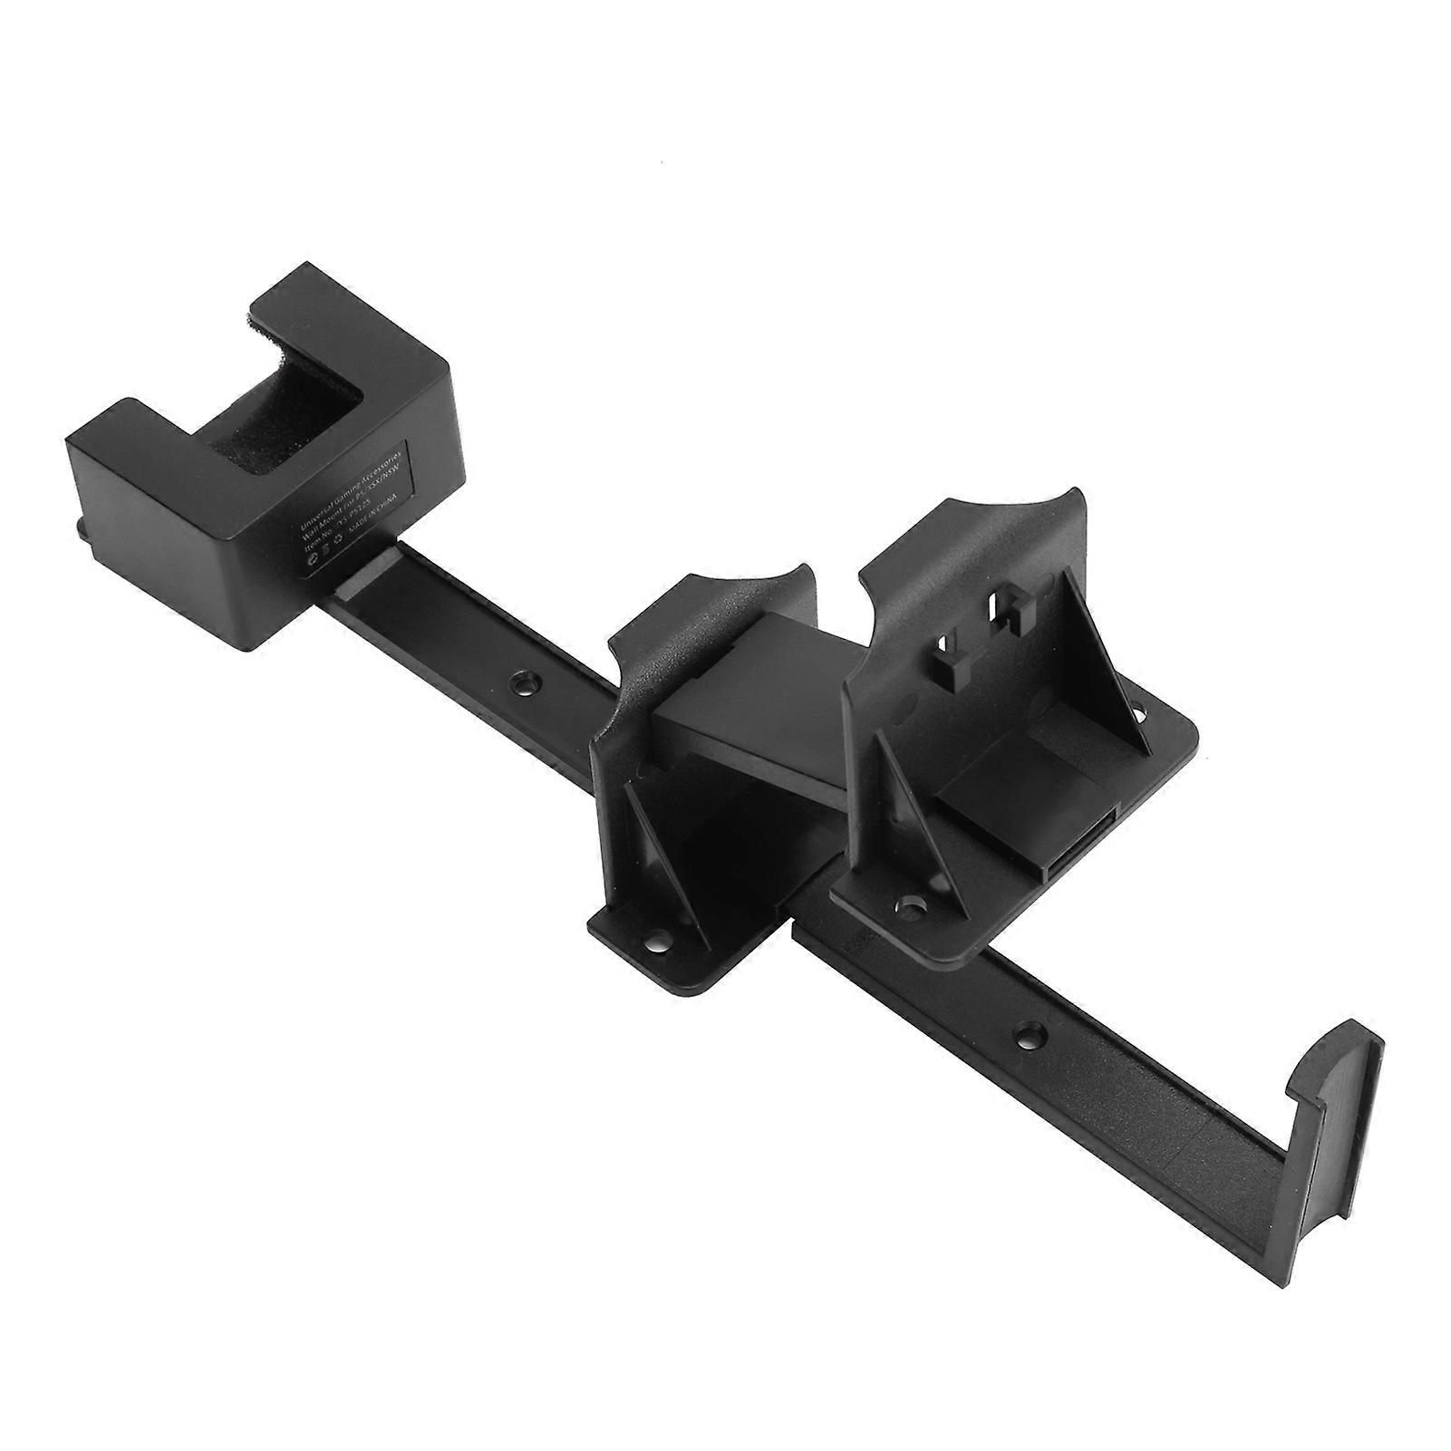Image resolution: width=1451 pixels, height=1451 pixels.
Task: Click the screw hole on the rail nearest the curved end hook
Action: click(1026, 1031)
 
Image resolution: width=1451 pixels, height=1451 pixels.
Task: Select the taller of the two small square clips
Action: click(1009, 620)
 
